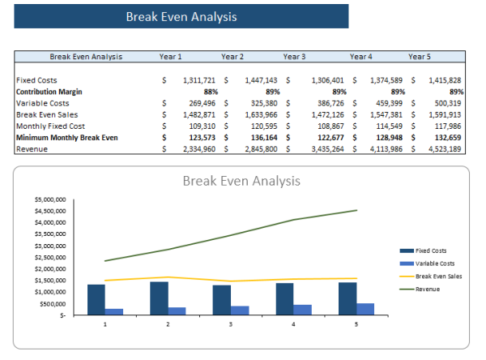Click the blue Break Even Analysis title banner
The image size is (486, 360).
[x=181, y=16]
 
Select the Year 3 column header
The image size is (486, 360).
[x=294, y=57]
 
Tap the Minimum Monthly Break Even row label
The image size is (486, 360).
[x=67, y=138]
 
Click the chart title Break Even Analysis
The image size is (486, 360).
[x=241, y=180]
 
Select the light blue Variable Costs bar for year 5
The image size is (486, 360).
[x=366, y=309]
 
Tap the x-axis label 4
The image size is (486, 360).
[x=294, y=324]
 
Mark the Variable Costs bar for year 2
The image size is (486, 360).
[x=177, y=311]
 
